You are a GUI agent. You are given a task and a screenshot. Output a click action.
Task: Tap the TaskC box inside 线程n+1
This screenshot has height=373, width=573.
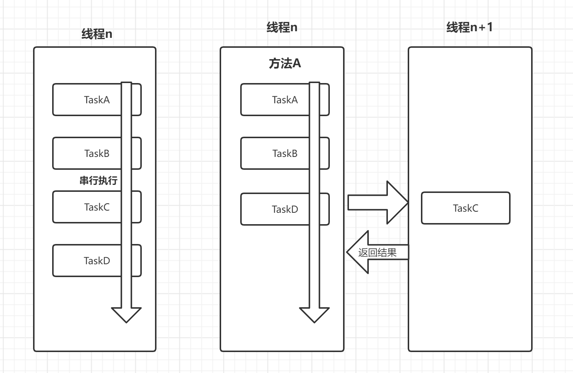pos(465,208)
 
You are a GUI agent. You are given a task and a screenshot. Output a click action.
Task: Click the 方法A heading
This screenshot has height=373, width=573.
pos(285,64)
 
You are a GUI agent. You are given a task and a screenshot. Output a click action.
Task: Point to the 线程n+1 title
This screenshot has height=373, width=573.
pos(469,27)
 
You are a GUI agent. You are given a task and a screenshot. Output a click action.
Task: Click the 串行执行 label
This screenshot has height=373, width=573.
pos(98,180)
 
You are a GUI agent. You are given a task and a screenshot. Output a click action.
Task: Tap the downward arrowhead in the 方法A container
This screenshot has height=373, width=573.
pos(314,315)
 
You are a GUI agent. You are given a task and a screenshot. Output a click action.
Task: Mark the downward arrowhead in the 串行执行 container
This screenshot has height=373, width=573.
pos(126,315)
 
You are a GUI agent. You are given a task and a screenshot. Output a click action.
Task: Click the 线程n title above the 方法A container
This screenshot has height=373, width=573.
pos(282,27)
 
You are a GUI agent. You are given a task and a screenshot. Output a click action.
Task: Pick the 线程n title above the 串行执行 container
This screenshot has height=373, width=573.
pos(97,34)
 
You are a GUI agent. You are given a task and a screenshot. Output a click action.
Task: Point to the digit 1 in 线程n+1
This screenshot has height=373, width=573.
pos(489,27)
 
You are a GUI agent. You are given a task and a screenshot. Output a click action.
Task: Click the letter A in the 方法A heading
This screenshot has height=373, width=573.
pos(296,64)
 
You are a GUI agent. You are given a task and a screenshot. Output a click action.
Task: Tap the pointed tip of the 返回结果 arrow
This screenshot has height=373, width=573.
pos(348,252)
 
